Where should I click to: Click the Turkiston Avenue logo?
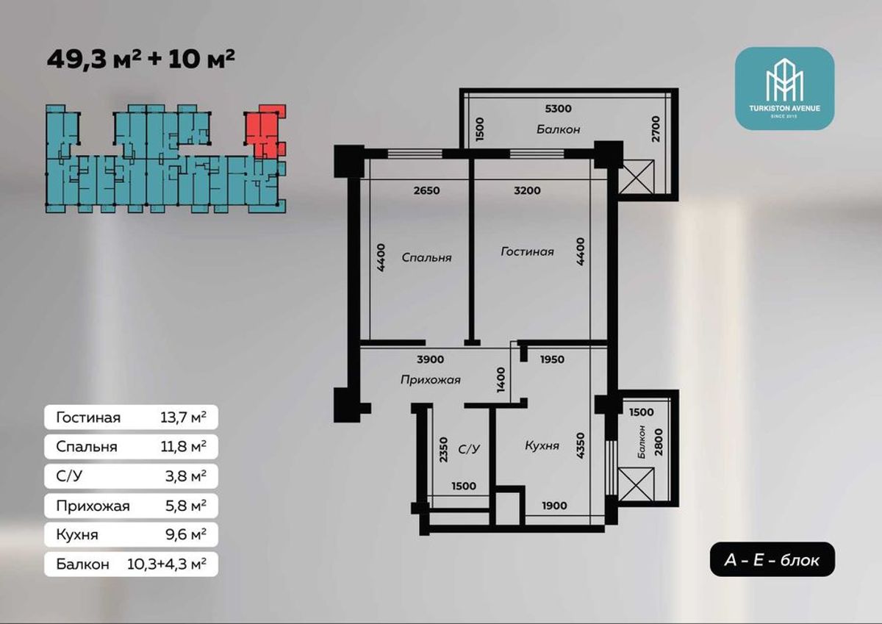coord(785,89)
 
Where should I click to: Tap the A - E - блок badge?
coord(772,560)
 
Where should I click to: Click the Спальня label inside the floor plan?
coord(426,258)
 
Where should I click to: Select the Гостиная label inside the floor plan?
coord(527,251)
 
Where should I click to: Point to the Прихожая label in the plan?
coord(431,380)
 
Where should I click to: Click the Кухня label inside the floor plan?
coord(542,445)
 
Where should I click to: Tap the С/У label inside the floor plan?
coord(469,449)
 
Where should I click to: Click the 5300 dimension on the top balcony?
coord(558,108)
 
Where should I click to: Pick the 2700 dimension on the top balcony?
coord(655,129)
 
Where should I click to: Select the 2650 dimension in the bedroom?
coord(427,190)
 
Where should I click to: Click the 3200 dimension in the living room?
coord(527,190)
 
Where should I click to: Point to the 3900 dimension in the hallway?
coord(431,359)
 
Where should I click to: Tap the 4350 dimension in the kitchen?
coord(581,445)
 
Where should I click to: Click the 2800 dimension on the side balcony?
coord(659,442)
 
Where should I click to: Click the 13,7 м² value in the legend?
coord(183,417)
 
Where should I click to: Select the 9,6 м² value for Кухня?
coord(186,534)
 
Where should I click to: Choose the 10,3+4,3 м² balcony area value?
coord(167,564)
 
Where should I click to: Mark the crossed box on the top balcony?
coord(637,177)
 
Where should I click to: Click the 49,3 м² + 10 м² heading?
coord(141,59)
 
